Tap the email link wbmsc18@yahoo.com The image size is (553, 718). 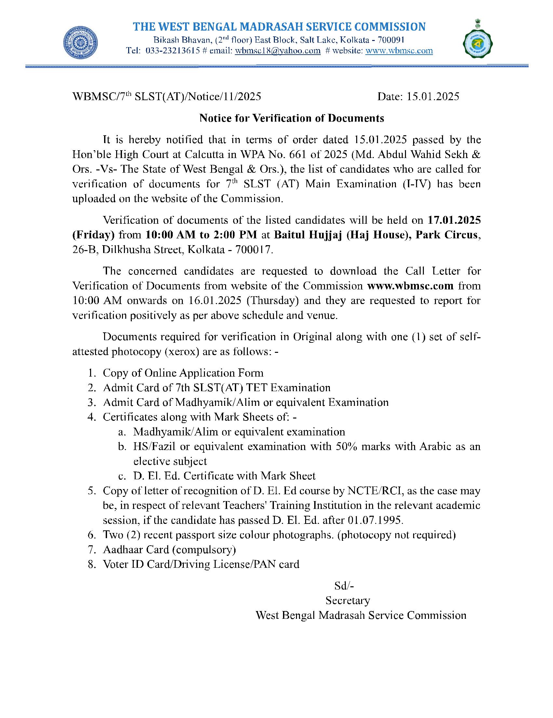[x=277, y=51]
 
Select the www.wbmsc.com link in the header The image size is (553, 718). [x=399, y=51]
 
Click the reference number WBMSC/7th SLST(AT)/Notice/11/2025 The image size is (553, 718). [x=167, y=96]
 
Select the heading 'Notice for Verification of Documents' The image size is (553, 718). [x=291, y=118]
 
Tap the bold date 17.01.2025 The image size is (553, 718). [x=454, y=220]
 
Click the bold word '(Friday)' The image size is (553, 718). [x=93, y=235]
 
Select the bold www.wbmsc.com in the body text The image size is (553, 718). [x=410, y=286]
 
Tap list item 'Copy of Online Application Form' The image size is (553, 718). [x=183, y=373]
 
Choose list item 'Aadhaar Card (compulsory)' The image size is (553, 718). [x=169, y=549]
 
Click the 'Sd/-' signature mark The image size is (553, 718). [x=344, y=586]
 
